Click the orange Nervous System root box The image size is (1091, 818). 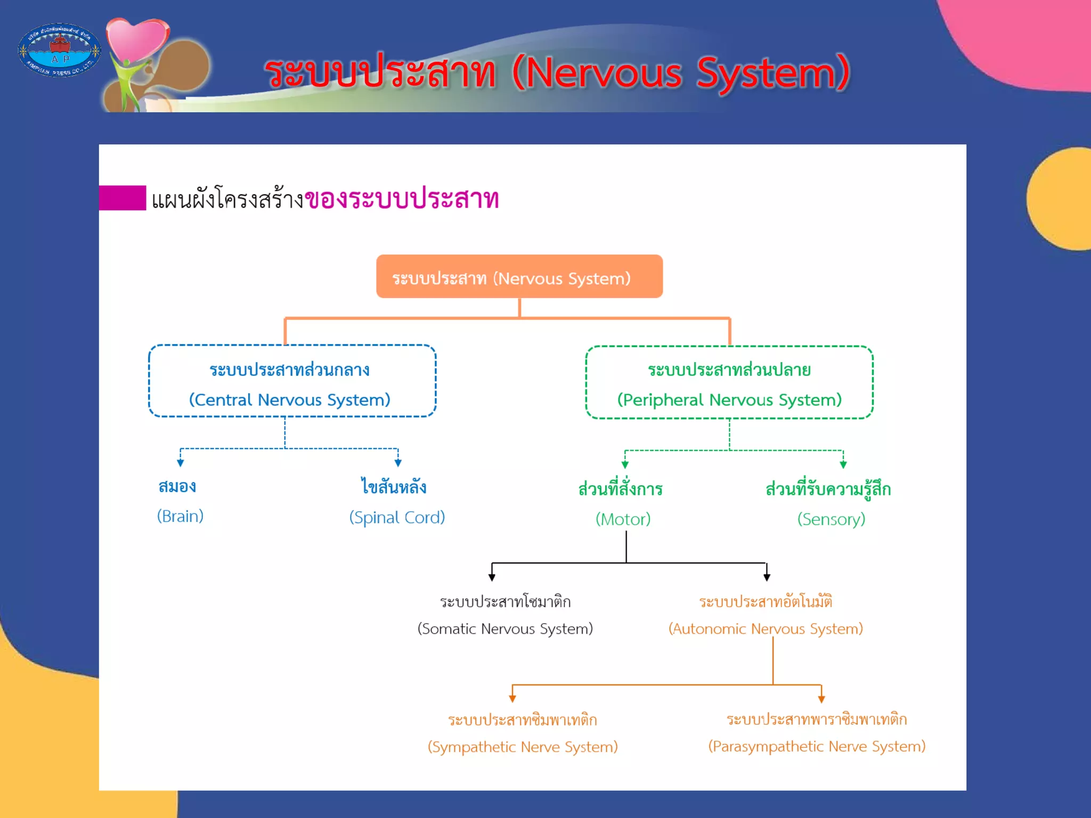[519, 276]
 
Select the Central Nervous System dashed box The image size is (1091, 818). [292, 381]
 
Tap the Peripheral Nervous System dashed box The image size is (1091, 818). [729, 382]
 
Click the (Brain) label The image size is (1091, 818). [180, 516]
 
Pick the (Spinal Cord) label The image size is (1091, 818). [397, 517]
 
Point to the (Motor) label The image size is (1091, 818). [623, 519]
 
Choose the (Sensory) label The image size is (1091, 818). [831, 519]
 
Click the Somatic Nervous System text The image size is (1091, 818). [505, 628]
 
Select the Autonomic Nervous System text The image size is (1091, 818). [766, 628]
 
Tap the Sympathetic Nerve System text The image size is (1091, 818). [523, 747]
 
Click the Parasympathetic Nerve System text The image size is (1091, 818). [817, 746]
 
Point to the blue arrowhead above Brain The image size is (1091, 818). [181, 463]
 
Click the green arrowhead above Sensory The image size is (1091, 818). [843, 464]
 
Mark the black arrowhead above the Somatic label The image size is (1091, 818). [492, 577]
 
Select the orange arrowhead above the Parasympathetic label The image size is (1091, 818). [821, 698]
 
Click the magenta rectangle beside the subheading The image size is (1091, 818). [123, 198]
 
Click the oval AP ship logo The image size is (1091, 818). [59, 50]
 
